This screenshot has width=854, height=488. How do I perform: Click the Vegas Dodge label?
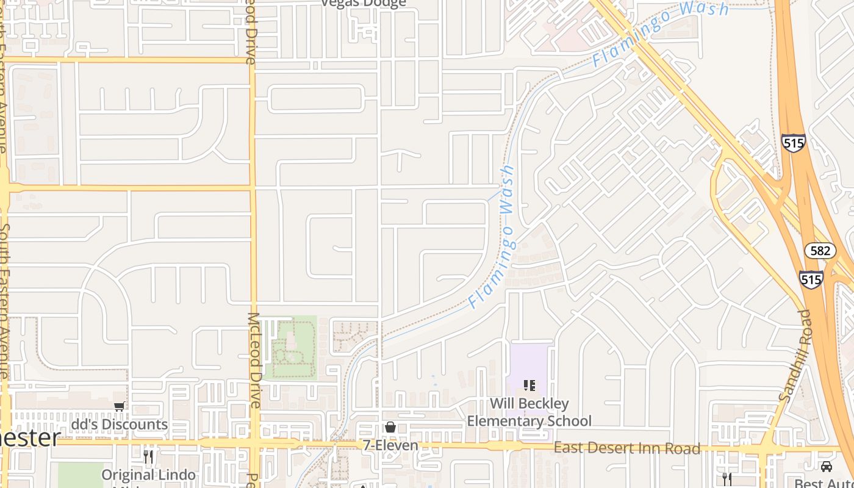click(x=364, y=4)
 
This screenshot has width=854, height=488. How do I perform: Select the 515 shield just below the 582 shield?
click(x=811, y=279)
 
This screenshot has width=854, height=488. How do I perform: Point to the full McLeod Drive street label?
click(x=254, y=360)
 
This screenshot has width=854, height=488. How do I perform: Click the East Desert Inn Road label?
click(x=626, y=448)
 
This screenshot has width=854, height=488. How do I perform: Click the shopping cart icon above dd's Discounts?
click(x=120, y=406)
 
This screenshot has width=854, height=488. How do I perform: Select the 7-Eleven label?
click(x=390, y=445)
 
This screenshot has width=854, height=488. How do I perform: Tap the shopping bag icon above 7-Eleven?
click(x=390, y=427)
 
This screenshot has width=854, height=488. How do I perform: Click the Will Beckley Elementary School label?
click(x=529, y=412)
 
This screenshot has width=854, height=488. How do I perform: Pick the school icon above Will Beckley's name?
click(x=529, y=386)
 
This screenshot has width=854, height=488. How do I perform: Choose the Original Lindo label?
click(x=149, y=475)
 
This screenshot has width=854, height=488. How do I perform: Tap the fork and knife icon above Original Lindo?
click(x=148, y=456)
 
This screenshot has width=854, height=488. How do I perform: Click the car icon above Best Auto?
click(x=826, y=467)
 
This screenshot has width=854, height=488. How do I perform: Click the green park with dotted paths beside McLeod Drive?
click(x=290, y=348)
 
